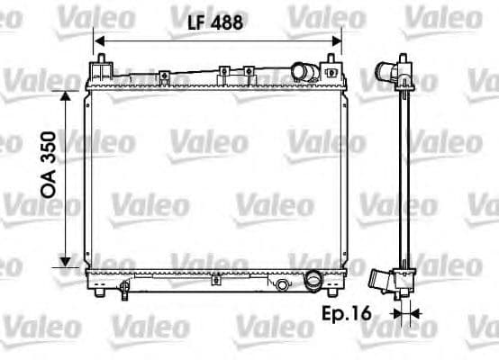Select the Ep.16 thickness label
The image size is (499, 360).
click(344, 314)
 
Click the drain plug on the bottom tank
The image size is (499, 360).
click(122, 290)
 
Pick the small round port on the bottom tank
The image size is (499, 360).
click(282, 285)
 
